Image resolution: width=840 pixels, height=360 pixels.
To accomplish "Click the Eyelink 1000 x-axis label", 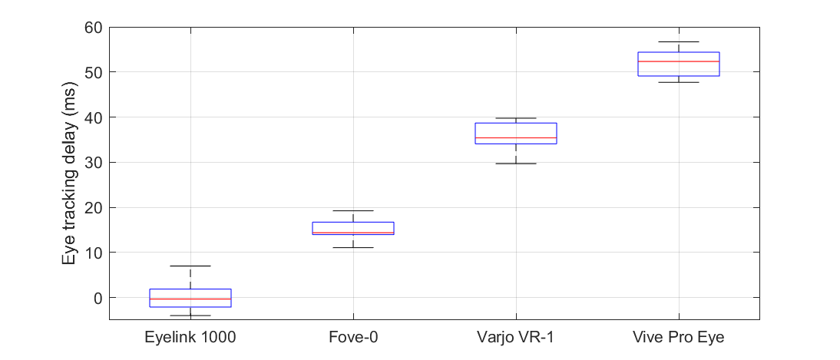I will tap(190, 336).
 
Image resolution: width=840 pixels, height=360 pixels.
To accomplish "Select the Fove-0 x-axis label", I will tap(353, 336).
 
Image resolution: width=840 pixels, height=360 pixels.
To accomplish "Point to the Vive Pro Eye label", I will tap(679, 336).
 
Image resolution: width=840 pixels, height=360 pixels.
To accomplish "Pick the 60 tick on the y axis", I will tap(93, 27).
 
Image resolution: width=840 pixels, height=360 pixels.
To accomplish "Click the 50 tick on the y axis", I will tap(93, 72).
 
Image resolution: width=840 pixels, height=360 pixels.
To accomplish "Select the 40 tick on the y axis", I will tap(93, 117).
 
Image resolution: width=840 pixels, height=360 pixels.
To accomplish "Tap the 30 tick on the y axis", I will tap(93, 163).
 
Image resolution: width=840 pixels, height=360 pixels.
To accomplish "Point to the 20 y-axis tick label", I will tap(93, 207).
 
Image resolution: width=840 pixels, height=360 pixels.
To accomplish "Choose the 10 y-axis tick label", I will tap(93, 253).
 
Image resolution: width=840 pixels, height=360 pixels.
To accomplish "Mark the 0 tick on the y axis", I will tap(98, 298).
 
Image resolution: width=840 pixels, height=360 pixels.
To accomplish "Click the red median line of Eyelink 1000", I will tap(190, 299).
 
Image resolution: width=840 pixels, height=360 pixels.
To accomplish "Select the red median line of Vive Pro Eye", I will tap(679, 61).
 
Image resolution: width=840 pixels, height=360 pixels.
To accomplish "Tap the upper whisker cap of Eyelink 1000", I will tap(190, 266).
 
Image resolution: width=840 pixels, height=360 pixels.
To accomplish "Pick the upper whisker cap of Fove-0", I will tap(353, 210).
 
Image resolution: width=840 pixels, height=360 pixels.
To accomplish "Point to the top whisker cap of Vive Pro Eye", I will tap(679, 41).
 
